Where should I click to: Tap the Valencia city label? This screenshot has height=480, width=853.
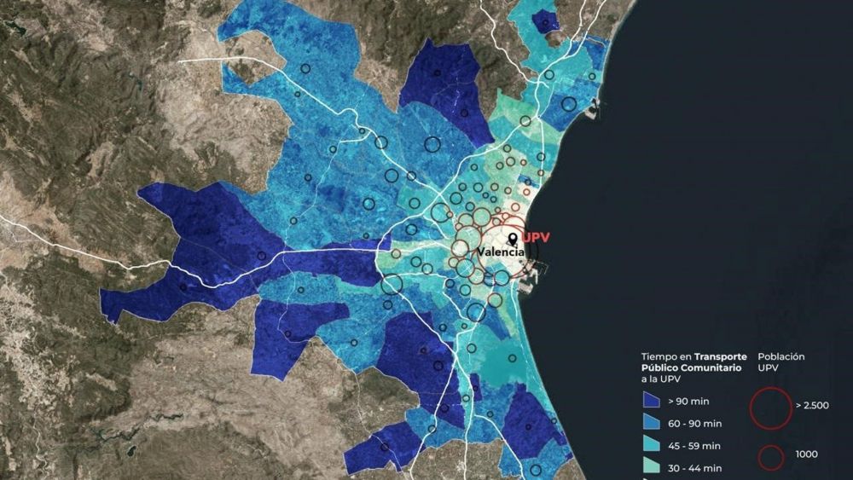[x=502, y=252]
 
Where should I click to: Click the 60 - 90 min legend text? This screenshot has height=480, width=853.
[x=696, y=423]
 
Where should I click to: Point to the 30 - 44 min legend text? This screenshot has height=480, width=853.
[x=696, y=468]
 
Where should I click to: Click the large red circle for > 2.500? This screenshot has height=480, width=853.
[x=770, y=406]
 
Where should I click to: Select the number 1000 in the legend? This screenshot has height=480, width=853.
[x=805, y=454]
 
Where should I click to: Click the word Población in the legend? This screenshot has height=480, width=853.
[x=781, y=356]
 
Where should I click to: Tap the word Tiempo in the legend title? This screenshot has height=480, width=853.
[x=659, y=356]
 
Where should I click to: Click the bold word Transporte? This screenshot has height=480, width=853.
[x=721, y=356]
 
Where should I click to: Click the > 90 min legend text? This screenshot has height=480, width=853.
[x=690, y=401]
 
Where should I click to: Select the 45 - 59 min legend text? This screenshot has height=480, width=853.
[x=696, y=446]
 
